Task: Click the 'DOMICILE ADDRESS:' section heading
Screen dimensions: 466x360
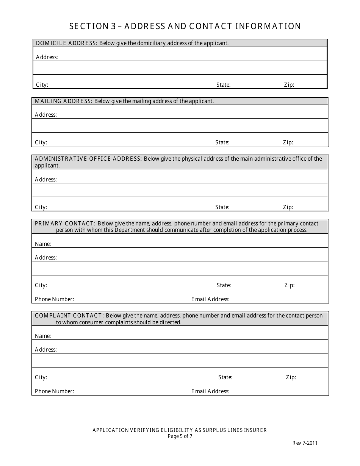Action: [x=67, y=43]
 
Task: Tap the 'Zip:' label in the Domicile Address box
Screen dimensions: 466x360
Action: [x=289, y=85]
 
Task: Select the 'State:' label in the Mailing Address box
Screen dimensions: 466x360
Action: [x=222, y=142]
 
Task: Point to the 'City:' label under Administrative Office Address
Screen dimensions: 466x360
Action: [x=41, y=207]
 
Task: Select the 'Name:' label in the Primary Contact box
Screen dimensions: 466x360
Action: [x=43, y=244]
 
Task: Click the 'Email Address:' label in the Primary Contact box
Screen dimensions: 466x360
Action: [x=210, y=299]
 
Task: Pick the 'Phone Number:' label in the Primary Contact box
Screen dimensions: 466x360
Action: [x=54, y=299]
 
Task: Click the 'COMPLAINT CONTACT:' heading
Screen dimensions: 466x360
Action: [x=69, y=316]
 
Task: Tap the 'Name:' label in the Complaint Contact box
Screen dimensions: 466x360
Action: [x=43, y=336]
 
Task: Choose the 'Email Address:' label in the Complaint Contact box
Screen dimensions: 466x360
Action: [x=210, y=391]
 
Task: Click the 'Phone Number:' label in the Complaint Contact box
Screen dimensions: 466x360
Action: [x=54, y=391]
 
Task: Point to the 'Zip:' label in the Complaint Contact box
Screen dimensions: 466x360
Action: [x=291, y=377]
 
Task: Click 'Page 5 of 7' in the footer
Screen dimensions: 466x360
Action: [x=180, y=436]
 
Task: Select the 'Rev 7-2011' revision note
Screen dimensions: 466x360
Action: [x=305, y=443]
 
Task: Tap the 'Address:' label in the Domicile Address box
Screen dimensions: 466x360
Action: [x=47, y=57]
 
